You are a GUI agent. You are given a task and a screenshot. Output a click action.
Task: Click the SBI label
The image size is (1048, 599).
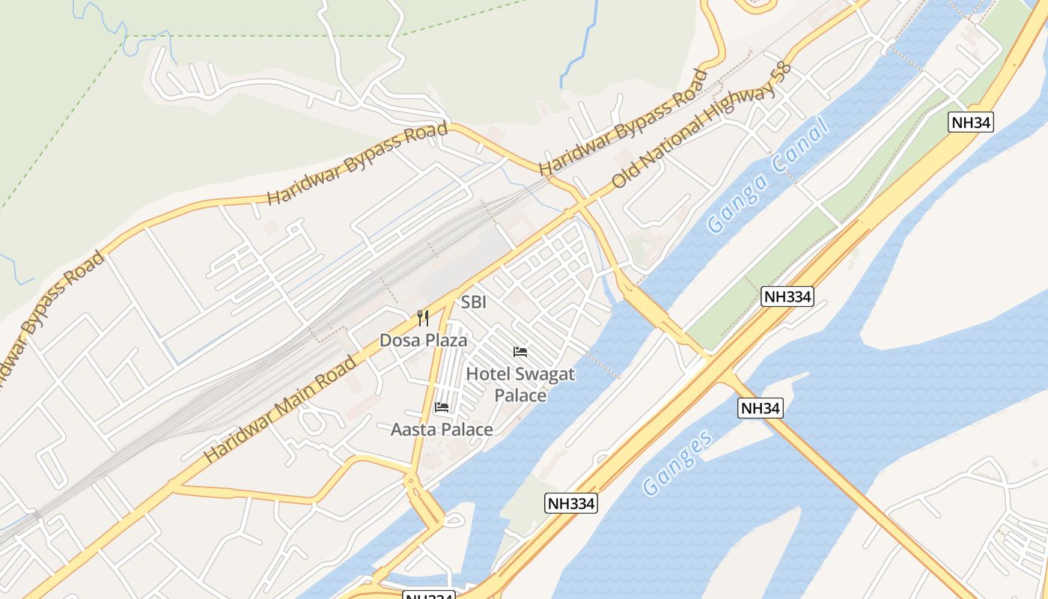[x=473, y=302]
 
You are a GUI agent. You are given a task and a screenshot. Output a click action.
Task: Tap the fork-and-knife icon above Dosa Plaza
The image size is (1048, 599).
[x=423, y=318]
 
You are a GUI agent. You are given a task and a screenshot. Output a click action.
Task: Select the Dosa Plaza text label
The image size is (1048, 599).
[x=423, y=341]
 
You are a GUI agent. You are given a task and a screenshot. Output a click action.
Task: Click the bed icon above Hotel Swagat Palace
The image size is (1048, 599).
[x=520, y=352]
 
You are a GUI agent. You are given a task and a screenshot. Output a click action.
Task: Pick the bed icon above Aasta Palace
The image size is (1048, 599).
[x=442, y=407]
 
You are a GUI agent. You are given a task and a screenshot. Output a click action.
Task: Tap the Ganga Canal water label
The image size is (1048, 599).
[x=769, y=175]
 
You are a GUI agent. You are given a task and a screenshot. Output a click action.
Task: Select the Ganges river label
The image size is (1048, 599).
[x=678, y=463]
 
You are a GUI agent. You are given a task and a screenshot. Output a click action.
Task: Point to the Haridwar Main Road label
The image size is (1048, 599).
[x=280, y=408]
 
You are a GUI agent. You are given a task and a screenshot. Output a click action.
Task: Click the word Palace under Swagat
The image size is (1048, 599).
[x=520, y=395]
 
